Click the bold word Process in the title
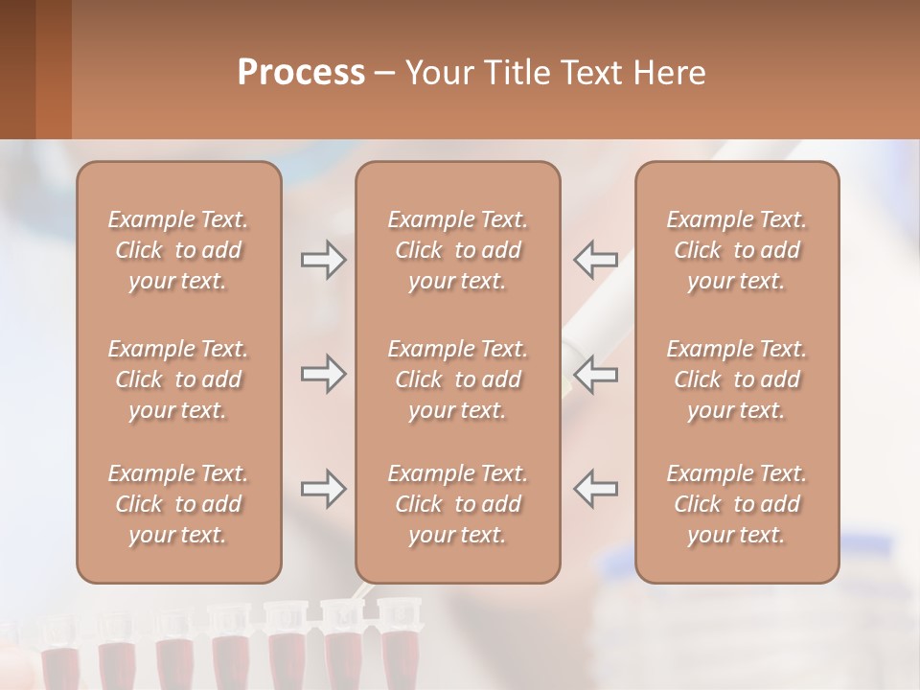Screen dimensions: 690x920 coord(301,73)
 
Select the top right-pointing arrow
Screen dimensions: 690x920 coord(323,260)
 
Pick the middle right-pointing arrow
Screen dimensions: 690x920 coord(323,374)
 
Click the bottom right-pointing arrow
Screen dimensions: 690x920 coord(323,489)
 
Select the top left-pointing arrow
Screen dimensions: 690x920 coord(595,260)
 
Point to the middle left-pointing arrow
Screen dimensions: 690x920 coord(595,374)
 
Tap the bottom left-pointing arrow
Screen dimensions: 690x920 coord(595,489)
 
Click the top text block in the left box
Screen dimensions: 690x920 coord(178,250)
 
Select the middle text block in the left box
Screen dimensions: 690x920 coord(178,379)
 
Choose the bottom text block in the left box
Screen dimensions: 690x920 coord(178,504)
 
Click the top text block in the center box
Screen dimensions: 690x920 coord(457,250)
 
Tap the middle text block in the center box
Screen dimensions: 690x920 coord(457,379)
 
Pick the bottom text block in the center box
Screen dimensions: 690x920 coord(457,504)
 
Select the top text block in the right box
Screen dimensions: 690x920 coord(736,250)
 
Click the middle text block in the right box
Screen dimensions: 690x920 coord(736,379)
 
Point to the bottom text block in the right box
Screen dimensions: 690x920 coord(736,504)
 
